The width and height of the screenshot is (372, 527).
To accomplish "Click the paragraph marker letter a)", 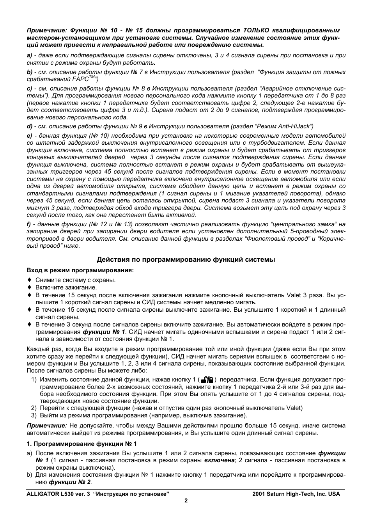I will pyautogui.click(x=29, y=55).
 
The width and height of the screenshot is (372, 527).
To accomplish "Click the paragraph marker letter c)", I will pyautogui.click(x=29, y=89).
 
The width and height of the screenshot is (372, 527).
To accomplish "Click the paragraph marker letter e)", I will pyautogui.click(x=29, y=136).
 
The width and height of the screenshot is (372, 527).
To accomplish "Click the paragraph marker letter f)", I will pyautogui.click(x=29, y=224).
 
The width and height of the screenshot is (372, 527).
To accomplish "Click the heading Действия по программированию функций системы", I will pyautogui.click(x=186, y=259).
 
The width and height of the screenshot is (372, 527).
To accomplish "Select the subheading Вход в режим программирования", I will pyautogui.click(x=80, y=270).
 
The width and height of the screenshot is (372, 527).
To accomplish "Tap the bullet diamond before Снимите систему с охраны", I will pyautogui.click(x=29, y=280).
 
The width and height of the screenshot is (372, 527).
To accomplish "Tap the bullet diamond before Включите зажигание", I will pyautogui.click(x=29, y=287).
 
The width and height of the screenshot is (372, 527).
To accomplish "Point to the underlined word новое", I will pyautogui.click(x=90, y=401).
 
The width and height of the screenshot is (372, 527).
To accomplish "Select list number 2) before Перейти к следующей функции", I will pyautogui.click(x=34, y=408).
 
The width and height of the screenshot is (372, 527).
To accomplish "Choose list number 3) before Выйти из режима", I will pyautogui.click(x=34, y=415).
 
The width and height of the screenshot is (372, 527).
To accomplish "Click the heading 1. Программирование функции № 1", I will pyautogui.click(x=81, y=444).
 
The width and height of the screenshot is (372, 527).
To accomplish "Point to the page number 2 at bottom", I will pyautogui.click(x=186, y=501).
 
